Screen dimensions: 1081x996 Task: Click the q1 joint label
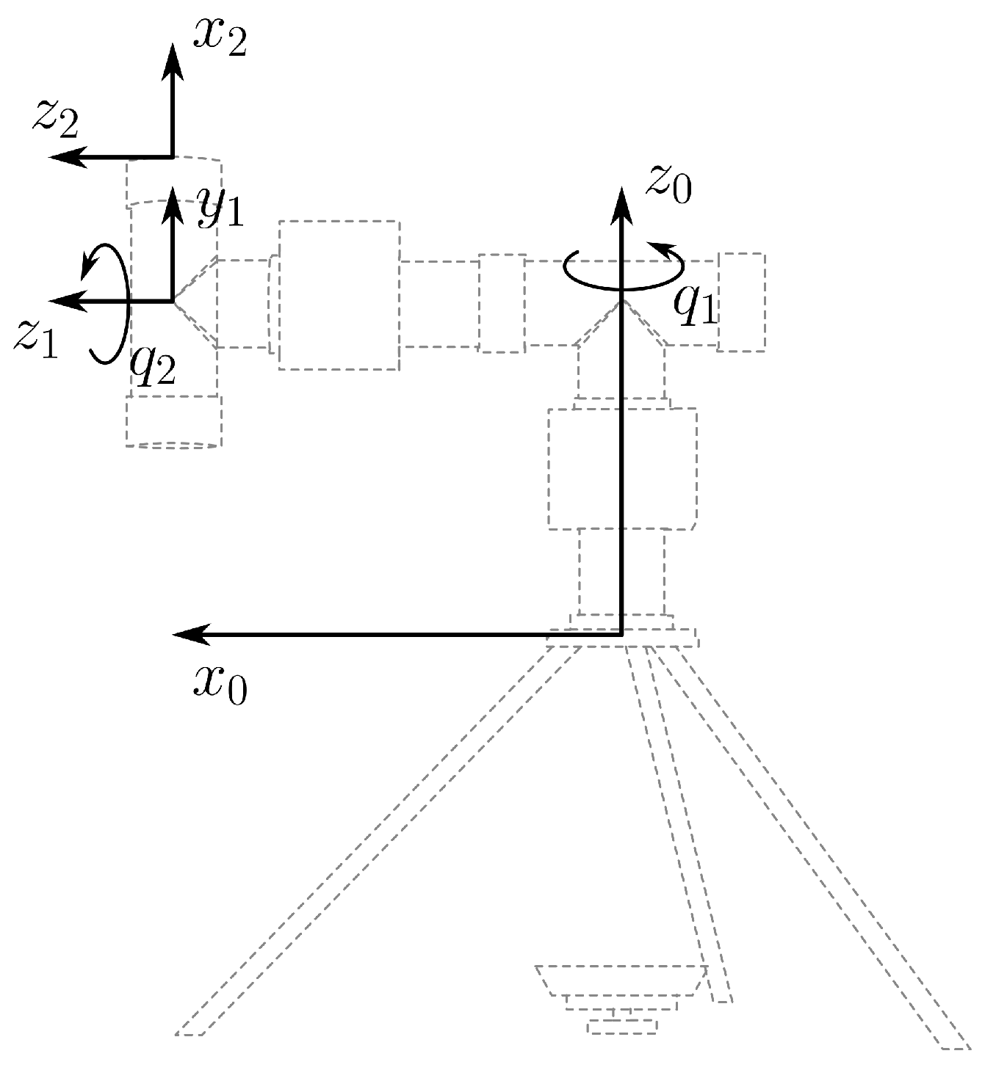[x=694, y=307]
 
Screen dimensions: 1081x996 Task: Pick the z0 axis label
[x=668, y=183]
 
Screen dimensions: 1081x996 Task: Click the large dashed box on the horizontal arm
[x=339, y=294]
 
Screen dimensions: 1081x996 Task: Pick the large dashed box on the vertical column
[x=621, y=468]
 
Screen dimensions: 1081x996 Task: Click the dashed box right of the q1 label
[x=741, y=302]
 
